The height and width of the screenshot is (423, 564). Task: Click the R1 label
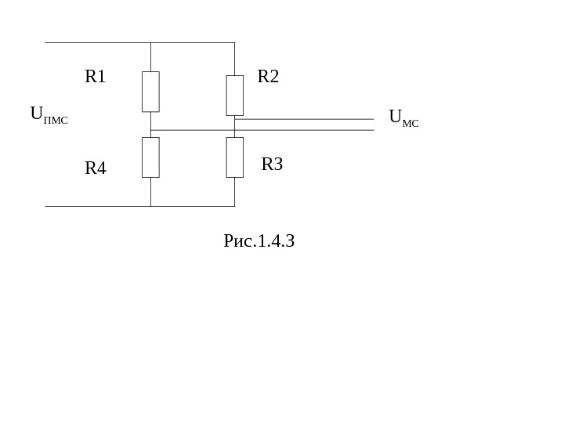(95, 77)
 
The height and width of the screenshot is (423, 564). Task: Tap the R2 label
(268, 77)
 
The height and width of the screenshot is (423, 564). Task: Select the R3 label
(272, 164)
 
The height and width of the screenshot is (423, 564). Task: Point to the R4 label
(95, 168)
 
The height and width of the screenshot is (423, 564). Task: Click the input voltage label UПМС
(49, 115)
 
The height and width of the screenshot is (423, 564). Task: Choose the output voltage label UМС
(403, 118)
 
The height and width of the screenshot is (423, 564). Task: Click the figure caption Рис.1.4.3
(258, 241)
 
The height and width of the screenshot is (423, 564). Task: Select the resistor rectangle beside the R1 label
(150, 92)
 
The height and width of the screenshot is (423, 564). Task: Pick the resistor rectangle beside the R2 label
(235, 96)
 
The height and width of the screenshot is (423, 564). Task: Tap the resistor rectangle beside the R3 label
(235, 157)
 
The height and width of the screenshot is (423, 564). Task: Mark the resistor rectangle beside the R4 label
(150, 157)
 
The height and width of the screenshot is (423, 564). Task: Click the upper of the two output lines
(313, 119)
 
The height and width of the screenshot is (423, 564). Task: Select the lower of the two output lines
(313, 130)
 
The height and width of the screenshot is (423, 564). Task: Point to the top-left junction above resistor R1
(150, 42)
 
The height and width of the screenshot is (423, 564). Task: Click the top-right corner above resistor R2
(235, 42)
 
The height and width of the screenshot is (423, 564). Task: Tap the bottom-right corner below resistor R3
(235, 206)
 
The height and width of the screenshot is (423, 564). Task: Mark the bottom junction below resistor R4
(150, 206)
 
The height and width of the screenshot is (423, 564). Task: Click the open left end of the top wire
(46, 42)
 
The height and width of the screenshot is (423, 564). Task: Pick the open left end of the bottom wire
(46, 206)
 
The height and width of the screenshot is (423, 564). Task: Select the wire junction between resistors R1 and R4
(150, 130)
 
